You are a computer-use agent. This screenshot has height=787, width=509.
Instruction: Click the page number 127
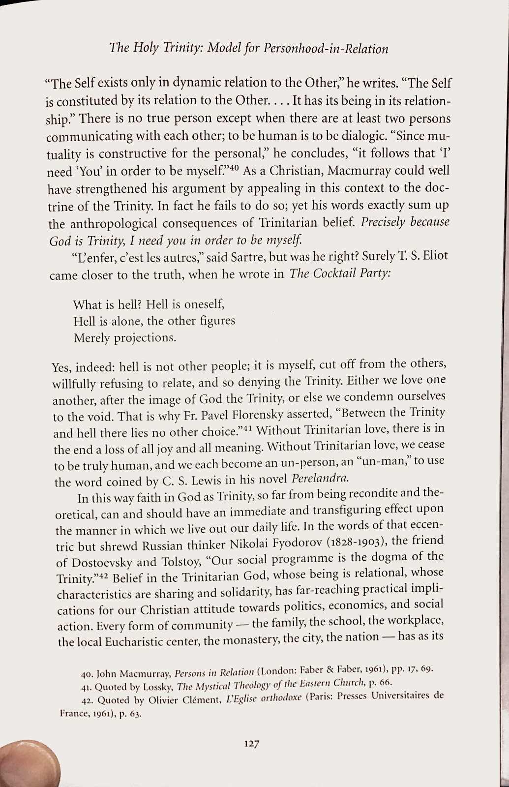[251, 744]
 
